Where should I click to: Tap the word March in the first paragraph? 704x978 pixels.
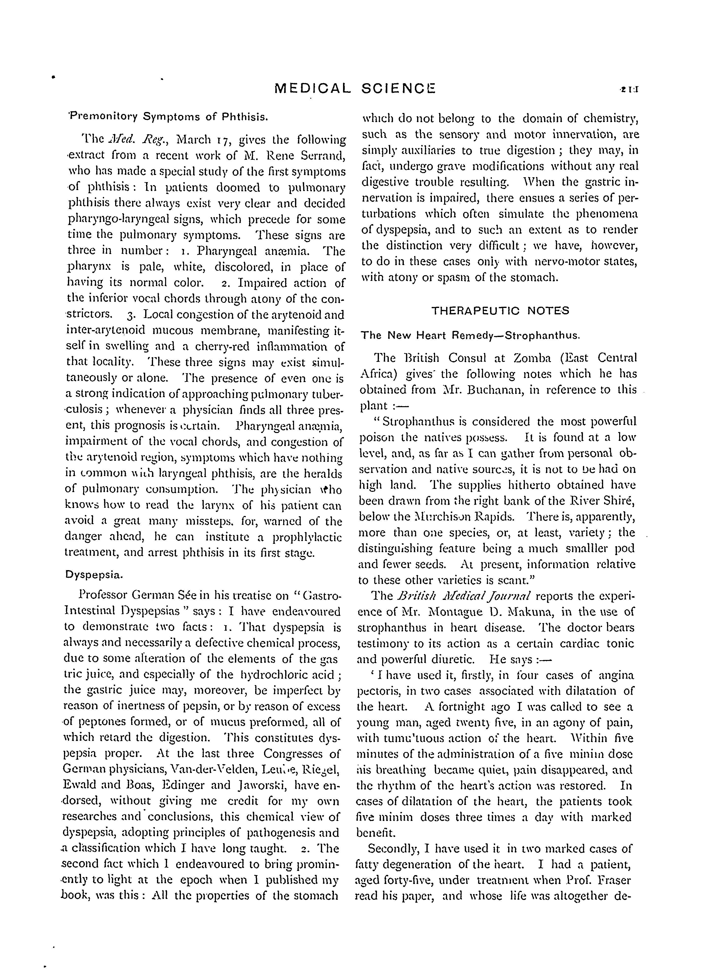[x=194, y=140]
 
